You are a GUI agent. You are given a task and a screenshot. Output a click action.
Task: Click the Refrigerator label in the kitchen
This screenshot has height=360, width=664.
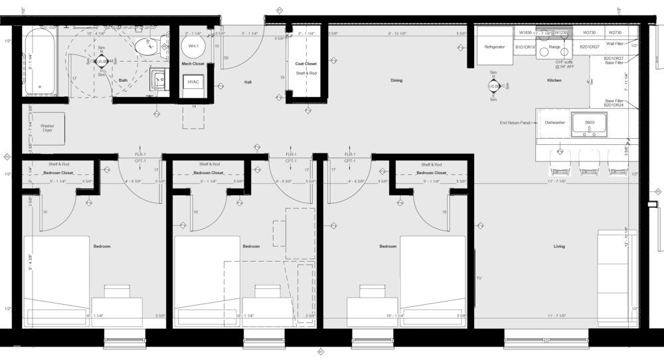pyautogui.click(x=495, y=47)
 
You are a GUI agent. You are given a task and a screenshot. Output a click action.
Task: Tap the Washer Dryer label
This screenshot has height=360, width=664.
pyautogui.click(x=47, y=128)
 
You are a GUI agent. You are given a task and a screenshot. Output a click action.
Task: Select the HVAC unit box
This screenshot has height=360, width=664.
pyautogui.click(x=194, y=82)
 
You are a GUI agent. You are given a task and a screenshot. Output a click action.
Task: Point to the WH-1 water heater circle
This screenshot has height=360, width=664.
pyautogui.click(x=194, y=46)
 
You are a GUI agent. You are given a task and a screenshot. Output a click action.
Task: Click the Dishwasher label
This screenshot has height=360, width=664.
pyautogui.click(x=554, y=122)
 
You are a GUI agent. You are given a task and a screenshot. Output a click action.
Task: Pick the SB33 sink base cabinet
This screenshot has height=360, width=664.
pyautogui.click(x=589, y=123)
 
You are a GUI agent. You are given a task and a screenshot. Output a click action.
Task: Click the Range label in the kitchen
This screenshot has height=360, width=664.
pyautogui.click(x=554, y=47)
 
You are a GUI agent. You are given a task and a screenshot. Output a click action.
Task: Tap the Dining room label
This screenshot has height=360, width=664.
pyautogui.click(x=396, y=80)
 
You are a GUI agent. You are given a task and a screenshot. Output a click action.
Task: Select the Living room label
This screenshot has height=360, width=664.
pyautogui.click(x=559, y=246)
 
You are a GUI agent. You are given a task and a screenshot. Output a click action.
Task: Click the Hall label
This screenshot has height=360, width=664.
pyautogui.click(x=248, y=82)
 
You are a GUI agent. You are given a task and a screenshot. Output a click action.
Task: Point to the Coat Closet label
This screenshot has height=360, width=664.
pyautogui.click(x=305, y=64)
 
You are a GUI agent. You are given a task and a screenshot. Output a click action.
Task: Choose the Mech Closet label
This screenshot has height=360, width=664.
pyautogui.click(x=193, y=64)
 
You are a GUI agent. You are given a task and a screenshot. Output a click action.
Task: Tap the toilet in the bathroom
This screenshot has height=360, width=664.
pyautogui.click(x=145, y=46)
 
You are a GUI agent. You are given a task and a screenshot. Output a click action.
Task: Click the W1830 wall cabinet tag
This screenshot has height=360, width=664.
pyautogui.click(x=525, y=32)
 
